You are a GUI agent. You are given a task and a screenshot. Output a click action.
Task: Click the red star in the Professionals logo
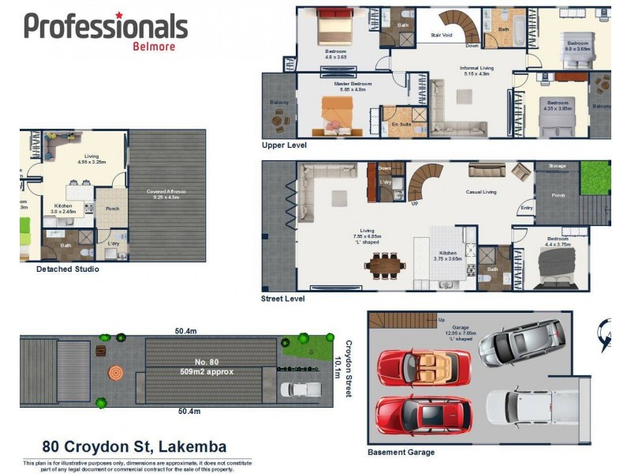119,15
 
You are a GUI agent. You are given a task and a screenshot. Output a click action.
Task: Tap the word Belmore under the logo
154,46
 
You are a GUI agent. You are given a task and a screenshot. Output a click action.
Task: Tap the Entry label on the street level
526,209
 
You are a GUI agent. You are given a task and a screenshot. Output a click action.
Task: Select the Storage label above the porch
558,166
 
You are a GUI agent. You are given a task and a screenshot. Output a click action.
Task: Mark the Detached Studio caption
68,269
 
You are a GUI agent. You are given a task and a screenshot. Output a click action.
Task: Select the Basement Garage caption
401,453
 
